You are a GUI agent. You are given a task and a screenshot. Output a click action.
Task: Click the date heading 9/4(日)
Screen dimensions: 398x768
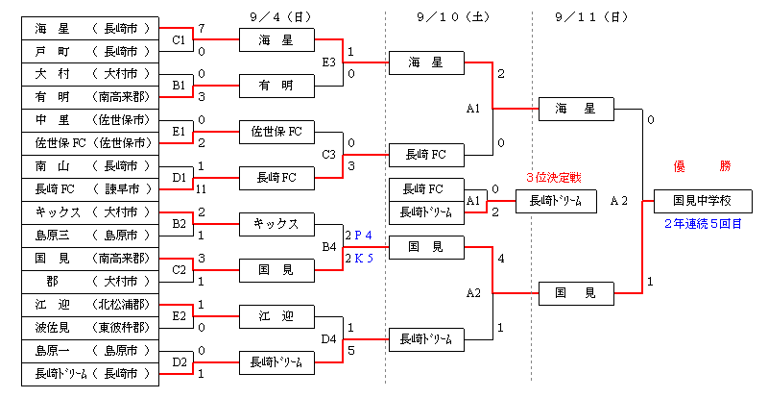278,16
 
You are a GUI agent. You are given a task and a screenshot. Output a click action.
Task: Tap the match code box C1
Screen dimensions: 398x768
179,39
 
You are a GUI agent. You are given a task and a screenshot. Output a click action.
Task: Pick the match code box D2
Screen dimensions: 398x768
179,362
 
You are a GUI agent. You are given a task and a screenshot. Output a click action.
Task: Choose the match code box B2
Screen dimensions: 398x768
179,224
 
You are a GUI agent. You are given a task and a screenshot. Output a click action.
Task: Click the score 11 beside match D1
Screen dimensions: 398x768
200,189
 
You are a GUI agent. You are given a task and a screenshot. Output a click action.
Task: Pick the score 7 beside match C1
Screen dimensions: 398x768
200,28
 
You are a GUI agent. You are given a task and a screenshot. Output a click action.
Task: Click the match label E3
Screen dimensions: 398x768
329,62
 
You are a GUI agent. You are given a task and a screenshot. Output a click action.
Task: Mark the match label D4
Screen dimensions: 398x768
329,339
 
